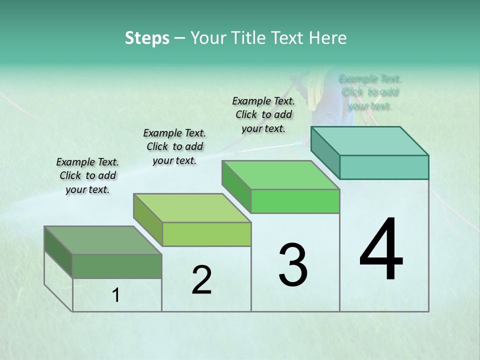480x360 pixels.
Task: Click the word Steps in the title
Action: [146, 38]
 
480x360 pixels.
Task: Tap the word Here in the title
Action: [328, 38]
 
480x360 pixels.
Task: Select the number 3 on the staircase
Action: [293, 264]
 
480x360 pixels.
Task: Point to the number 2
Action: [201, 280]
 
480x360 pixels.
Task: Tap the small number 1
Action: [116, 295]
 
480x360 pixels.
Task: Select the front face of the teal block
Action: [384, 167]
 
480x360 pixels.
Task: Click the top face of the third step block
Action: [280, 175]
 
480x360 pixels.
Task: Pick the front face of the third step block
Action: [295, 201]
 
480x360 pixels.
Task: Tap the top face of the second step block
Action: [192, 208]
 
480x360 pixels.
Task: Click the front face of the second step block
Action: [206, 234]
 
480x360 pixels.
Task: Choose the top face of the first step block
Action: [103, 240]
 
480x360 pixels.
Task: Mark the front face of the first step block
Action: [117, 266]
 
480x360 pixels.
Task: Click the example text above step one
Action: [87, 176]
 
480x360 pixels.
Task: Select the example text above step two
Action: [174, 146]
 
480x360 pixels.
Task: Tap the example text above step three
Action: [263, 114]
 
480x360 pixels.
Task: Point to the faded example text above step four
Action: [370, 92]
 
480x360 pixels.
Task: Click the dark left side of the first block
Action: [58, 252]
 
